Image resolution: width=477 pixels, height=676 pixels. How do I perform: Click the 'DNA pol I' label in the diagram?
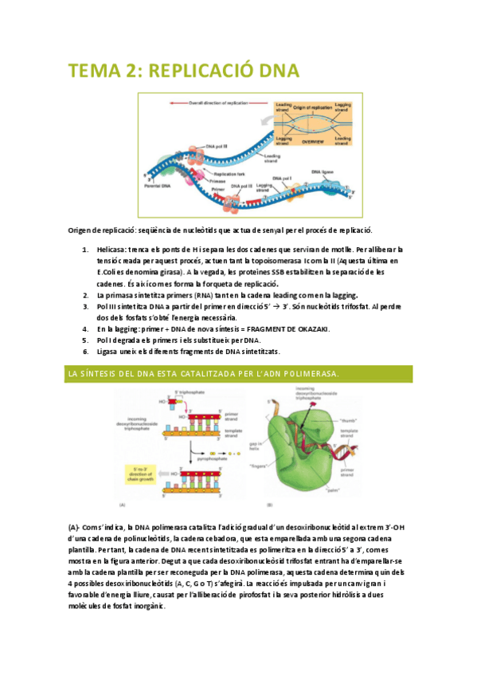283,178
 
